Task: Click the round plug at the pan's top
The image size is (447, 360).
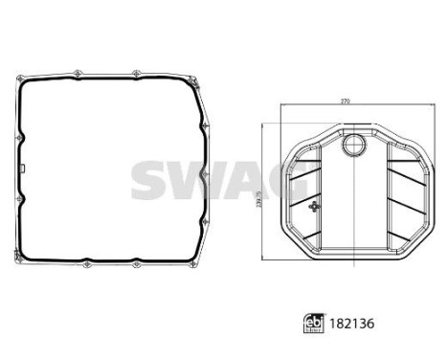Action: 353,146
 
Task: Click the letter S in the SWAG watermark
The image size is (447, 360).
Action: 151,179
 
